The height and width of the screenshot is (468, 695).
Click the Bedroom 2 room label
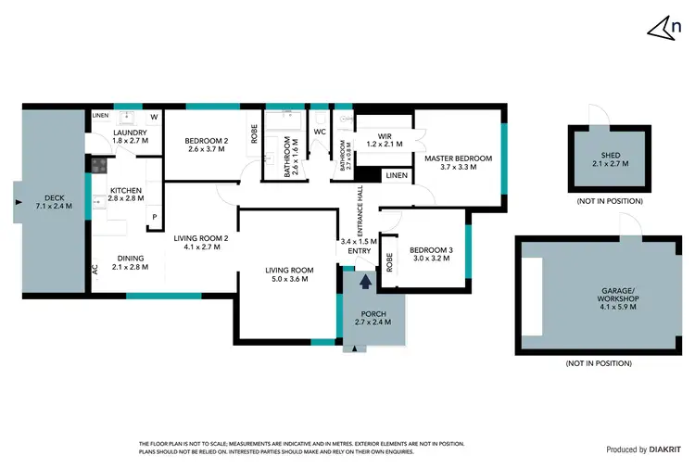coord(206,144)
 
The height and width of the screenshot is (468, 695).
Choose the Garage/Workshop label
coord(602,296)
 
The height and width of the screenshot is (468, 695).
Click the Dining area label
coord(129,262)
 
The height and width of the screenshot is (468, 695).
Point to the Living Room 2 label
coord(201,243)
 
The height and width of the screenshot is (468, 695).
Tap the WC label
coord(320,132)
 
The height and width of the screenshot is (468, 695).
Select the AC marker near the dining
coord(95,269)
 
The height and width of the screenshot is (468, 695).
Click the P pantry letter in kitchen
coord(154,218)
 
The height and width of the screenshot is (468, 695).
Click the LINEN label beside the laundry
coord(100,116)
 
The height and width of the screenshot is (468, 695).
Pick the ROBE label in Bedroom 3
coord(390,261)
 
